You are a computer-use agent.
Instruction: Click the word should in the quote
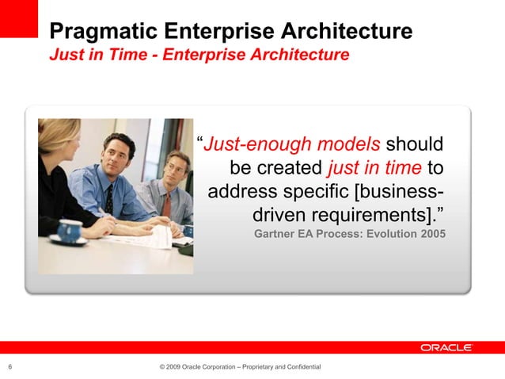pos(415,144)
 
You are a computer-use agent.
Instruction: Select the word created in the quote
pos(290,168)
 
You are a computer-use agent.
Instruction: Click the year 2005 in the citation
pos(432,235)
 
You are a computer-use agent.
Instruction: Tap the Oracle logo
pos(446,347)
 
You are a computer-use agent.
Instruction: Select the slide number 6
pos(9,366)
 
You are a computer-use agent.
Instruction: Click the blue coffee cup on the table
pos(70,230)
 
